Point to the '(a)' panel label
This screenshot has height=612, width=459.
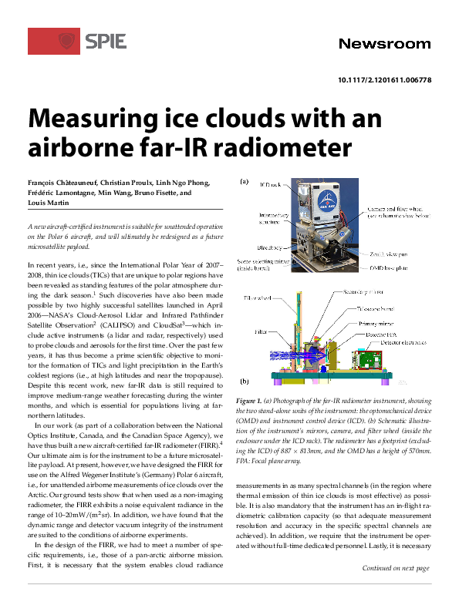pos(244,183)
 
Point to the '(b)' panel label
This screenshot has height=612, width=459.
pos(244,381)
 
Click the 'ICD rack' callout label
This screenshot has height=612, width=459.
pos(271,185)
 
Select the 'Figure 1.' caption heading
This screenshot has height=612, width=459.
pos(250,402)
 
